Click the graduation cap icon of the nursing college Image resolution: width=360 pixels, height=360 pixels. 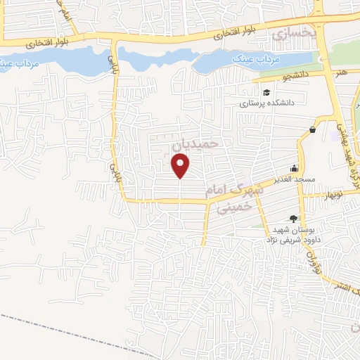click(266, 93)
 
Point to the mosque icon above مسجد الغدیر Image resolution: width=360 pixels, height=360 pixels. click(294, 169)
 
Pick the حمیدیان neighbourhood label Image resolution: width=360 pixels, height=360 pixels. click(201, 142)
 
